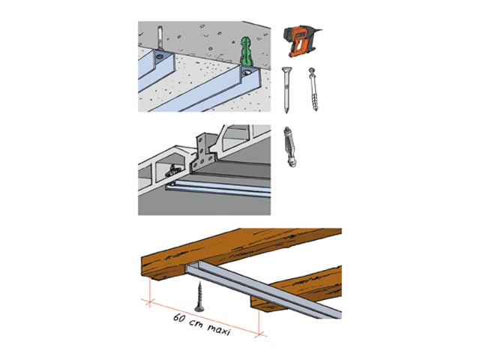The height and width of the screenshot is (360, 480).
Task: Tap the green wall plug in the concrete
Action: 247,52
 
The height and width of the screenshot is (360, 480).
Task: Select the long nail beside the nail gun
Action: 286,90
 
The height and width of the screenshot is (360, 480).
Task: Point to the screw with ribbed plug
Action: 313,89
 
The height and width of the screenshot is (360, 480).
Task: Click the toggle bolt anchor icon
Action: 289,147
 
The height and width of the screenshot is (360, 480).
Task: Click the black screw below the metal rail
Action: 200,297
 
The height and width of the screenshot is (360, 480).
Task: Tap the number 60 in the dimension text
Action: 179,318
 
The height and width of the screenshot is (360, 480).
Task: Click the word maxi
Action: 218,330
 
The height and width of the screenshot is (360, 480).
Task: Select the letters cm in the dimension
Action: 196,323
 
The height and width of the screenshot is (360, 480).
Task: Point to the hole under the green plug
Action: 247,73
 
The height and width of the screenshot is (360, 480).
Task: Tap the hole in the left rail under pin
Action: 160,57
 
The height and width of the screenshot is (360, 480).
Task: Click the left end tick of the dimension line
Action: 148,303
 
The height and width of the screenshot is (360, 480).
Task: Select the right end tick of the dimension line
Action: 259,334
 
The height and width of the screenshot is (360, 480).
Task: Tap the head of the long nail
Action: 286,70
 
